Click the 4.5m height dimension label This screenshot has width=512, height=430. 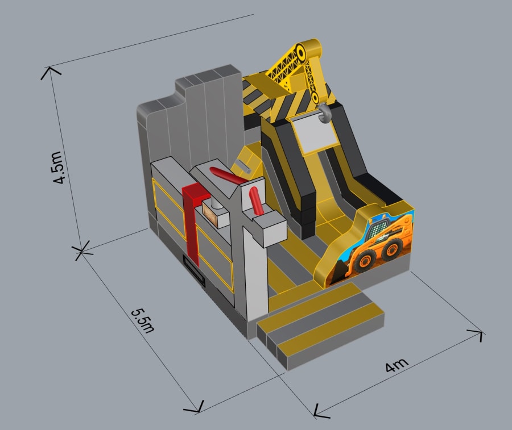click(58, 168)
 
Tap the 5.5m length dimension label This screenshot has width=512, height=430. click(143, 321)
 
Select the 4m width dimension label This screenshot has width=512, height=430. click(397, 365)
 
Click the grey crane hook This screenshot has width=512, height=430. click(323, 113)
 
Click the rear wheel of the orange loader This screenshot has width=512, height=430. click(391, 249)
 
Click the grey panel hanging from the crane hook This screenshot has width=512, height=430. click(315, 133)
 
